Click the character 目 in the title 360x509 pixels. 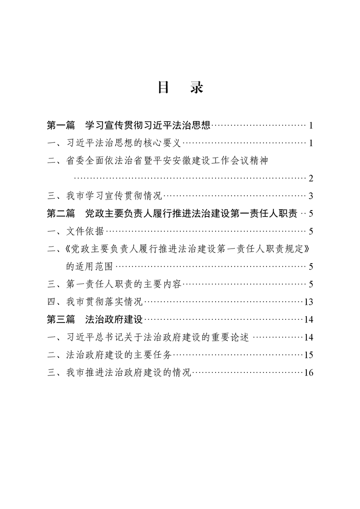tap(163, 88)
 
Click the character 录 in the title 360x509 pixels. tap(196, 88)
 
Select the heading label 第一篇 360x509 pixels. tap(61, 125)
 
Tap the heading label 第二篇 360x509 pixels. tap(61, 213)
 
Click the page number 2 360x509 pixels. tap(311, 178)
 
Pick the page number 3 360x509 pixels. tap(311, 196)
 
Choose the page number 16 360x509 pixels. tap(309, 373)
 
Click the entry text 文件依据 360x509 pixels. tap(85, 231)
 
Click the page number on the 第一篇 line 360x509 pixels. tap(311, 125)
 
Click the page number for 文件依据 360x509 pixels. tap(311, 231)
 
